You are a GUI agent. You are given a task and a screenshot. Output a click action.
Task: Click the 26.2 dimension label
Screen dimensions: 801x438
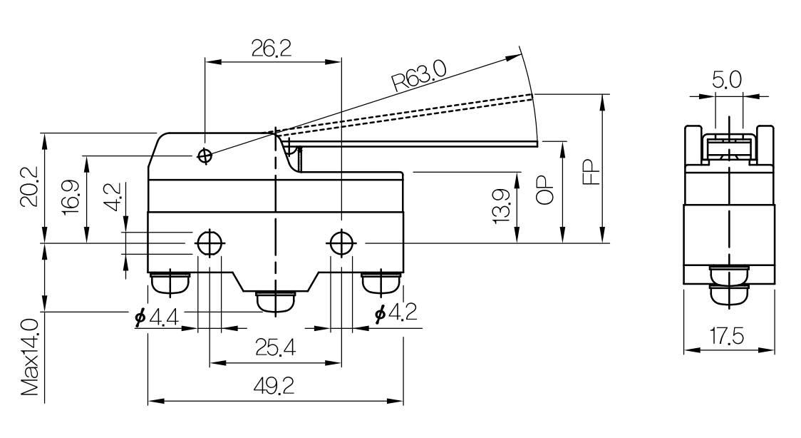click(x=272, y=48)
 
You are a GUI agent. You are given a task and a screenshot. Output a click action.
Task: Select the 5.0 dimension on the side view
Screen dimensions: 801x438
click(x=727, y=80)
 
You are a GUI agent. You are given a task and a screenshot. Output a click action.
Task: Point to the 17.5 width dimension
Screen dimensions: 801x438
click(x=727, y=337)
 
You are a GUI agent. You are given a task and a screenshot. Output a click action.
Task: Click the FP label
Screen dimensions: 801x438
click(x=591, y=172)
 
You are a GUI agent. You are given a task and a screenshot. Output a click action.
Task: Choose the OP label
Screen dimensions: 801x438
click(x=545, y=190)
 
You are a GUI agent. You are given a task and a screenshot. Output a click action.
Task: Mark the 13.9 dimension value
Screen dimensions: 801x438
click(x=502, y=206)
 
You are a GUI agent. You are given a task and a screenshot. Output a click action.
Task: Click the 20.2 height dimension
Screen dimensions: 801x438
click(x=29, y=188)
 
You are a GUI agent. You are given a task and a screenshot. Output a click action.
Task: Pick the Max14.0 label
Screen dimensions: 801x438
click(x=30, y=357)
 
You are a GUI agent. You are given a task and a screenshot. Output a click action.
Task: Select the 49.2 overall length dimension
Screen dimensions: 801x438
click(x=274, y=386)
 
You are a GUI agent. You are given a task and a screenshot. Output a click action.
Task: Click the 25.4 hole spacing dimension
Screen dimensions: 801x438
click(x=275, y=348)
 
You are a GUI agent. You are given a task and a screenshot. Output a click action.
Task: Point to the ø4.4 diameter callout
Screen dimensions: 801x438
click(x=156, y=317)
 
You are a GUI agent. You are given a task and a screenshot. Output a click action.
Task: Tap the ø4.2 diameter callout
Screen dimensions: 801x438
click(x=396, y=312)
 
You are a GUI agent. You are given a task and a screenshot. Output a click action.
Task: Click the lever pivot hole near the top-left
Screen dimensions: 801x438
click(x=205, y=156)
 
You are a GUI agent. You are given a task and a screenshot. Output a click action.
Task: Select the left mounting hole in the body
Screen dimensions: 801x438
click(x=209, y=243)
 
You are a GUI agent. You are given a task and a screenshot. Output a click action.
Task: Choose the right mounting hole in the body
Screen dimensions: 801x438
click(x=341, y=243)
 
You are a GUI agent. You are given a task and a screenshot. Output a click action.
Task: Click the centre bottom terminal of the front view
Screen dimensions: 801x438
click(x=275, y=302)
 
